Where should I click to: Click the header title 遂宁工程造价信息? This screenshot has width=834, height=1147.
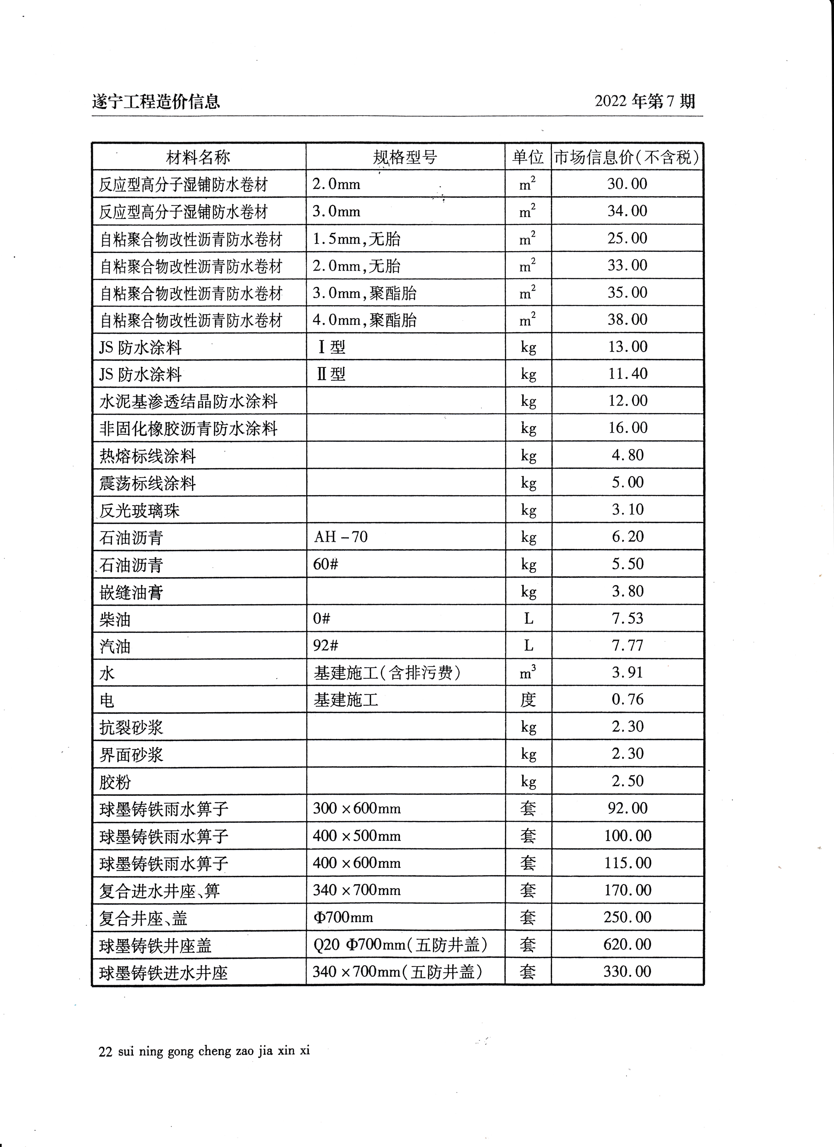(x=156, y=102)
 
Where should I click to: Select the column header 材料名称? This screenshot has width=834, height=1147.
(x=198, y=157)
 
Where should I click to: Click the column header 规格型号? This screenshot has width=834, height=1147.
(x=405, y=157)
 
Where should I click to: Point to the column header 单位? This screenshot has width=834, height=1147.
(x=528, y=157)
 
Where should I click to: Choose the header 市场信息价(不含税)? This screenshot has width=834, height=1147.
(x=627, y=157)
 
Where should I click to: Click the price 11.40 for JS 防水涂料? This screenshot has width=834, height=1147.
(x=627, y=374)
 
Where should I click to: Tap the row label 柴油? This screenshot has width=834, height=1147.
(x=115, y=619)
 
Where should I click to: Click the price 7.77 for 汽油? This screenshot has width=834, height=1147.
(x=627, y=646)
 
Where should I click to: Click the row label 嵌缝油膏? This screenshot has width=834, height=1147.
(x=131, y=592)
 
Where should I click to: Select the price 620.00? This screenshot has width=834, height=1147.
(x=627, y=944)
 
